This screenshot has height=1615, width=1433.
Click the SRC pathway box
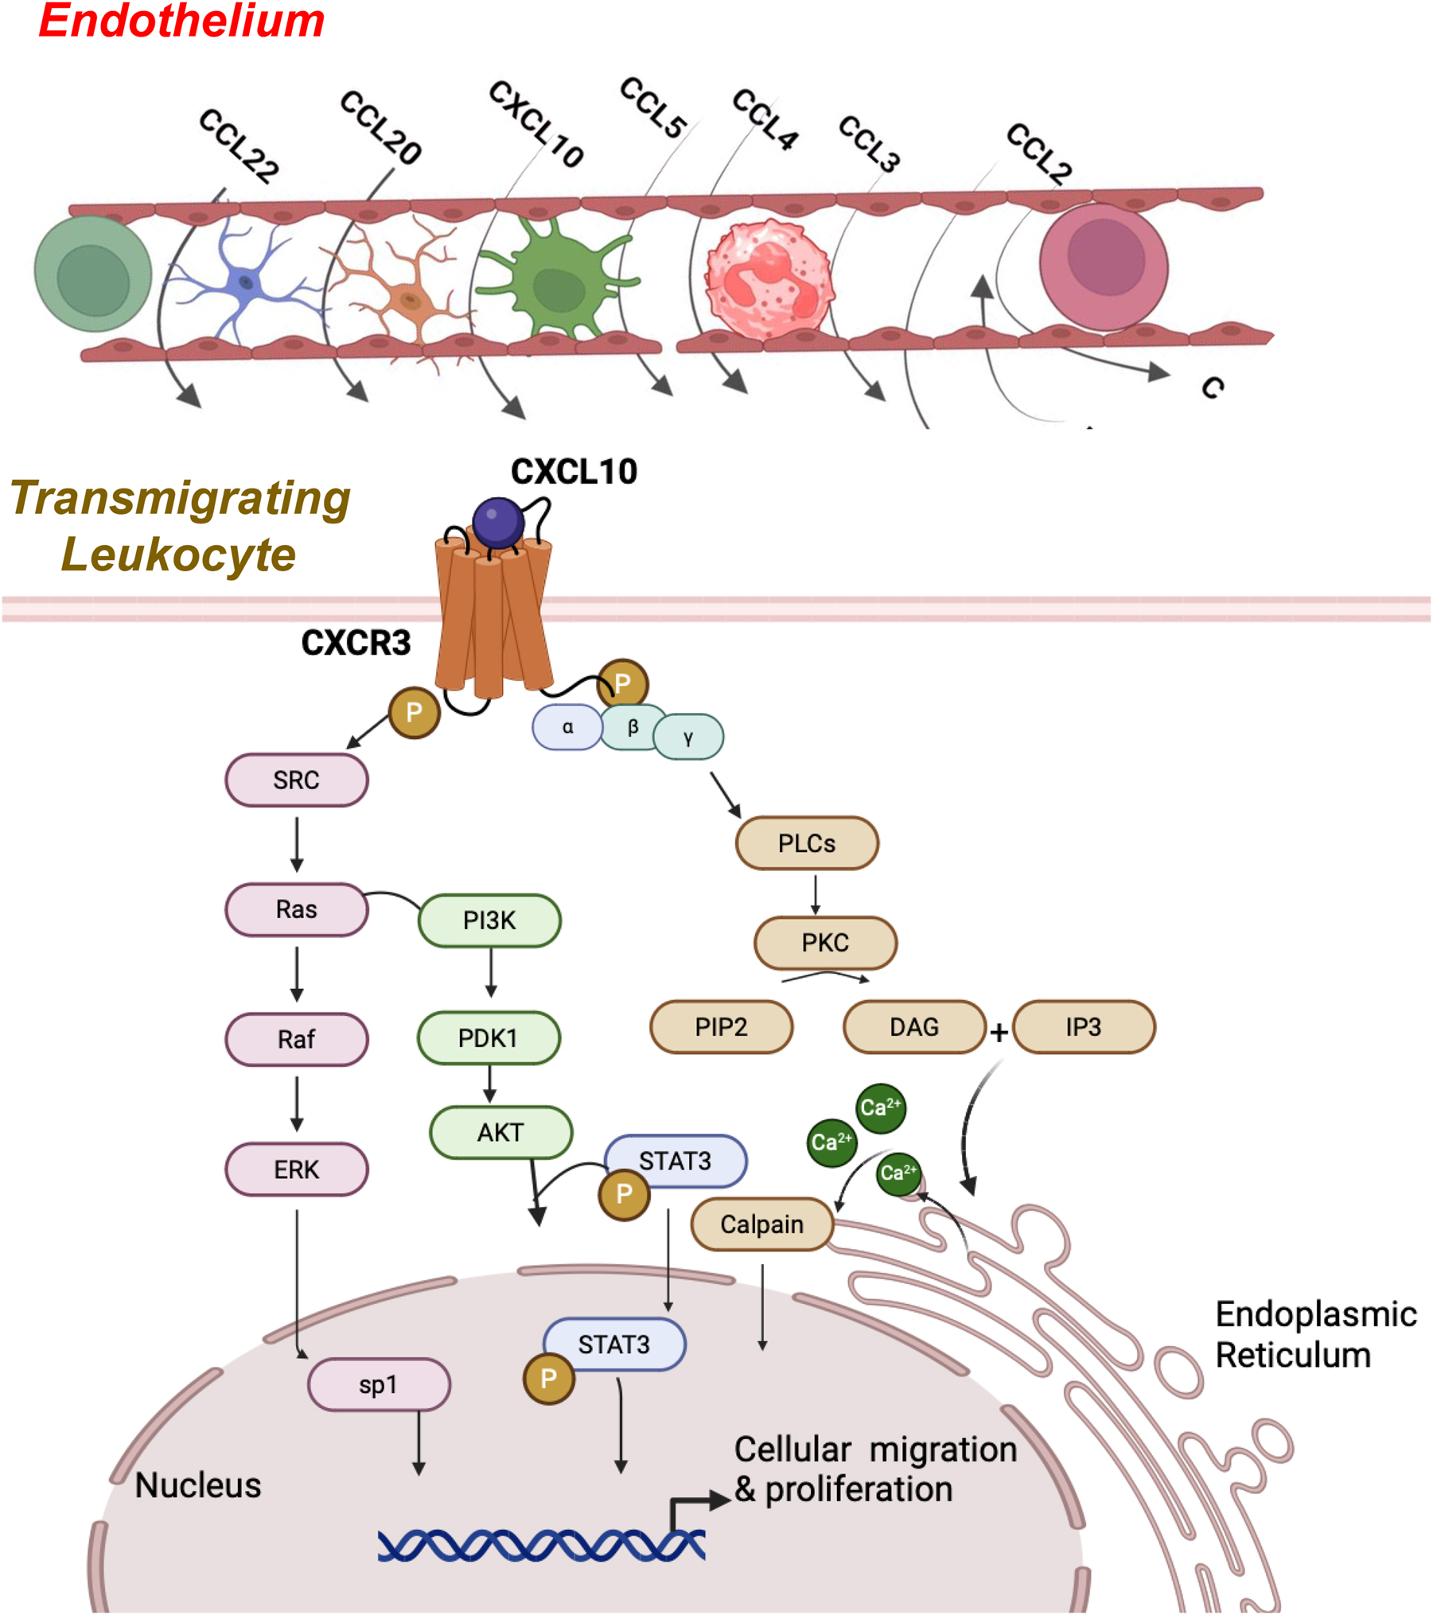[x=296, y=780]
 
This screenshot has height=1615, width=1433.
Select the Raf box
[x=296, y=1039]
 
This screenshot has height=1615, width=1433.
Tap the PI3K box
[x=489, y=920]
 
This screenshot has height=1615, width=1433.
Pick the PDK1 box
[x=489, y=1038]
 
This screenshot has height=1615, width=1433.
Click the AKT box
[x=500, y=1132]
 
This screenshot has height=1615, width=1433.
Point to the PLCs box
[x=807, y=843]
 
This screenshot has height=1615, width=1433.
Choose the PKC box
[x=825, y=943]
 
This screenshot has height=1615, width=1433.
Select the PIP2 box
[x=721, y=1027]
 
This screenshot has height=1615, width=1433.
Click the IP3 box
[x=1084, y=1027]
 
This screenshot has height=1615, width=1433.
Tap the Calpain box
[x=761, y=1224]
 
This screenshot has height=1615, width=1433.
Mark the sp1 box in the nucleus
[x=379, y=1385]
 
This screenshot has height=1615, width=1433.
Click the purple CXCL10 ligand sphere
[x=498, y=522]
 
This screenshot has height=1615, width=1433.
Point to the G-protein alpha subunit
[x=567, y=727]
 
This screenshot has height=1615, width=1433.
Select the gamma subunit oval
[x=688, y=737]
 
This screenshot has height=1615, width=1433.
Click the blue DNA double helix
[x=541, y=1546]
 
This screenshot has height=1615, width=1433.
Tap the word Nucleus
[x=198, y=1485]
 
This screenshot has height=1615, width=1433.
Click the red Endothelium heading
[x=181, y=21]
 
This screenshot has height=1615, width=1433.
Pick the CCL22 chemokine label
[x=239, y=146]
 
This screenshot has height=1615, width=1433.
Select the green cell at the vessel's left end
[x=93, y=274]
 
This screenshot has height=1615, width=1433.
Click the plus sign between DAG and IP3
[x=999, y=1032]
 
